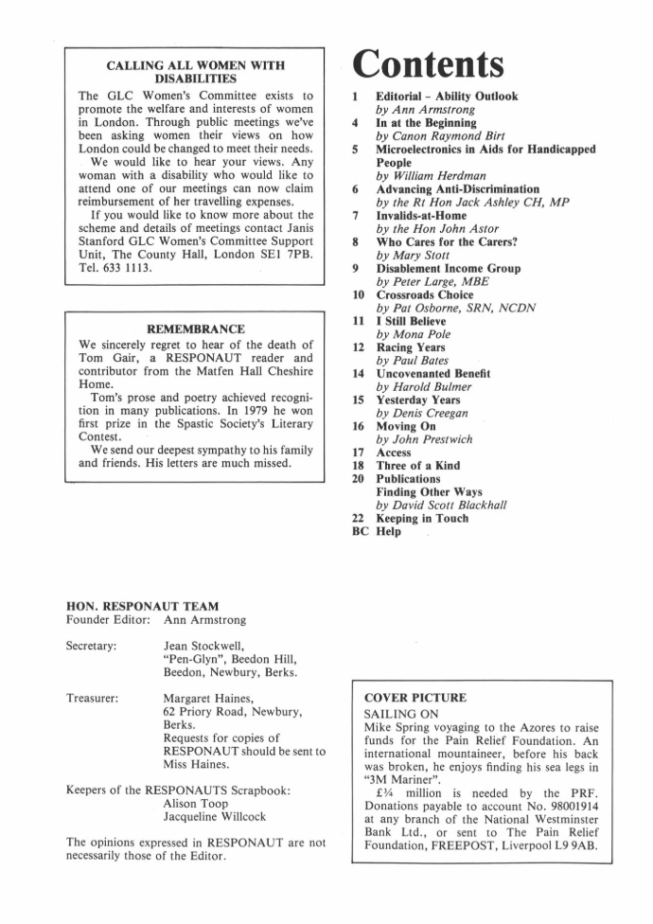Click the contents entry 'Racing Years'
tap(412, 348)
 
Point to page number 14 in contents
tap(353, 375)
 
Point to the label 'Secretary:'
tap(92, 645)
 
